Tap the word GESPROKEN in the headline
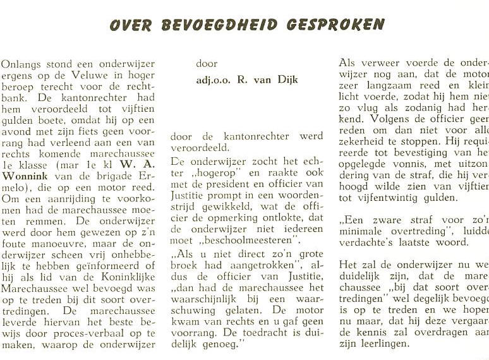pyautogui.click(x=335, y=25)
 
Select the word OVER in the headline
pyautogui.click(x=131, y=25)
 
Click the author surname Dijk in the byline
pyautogui.click(x=284, y=80)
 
